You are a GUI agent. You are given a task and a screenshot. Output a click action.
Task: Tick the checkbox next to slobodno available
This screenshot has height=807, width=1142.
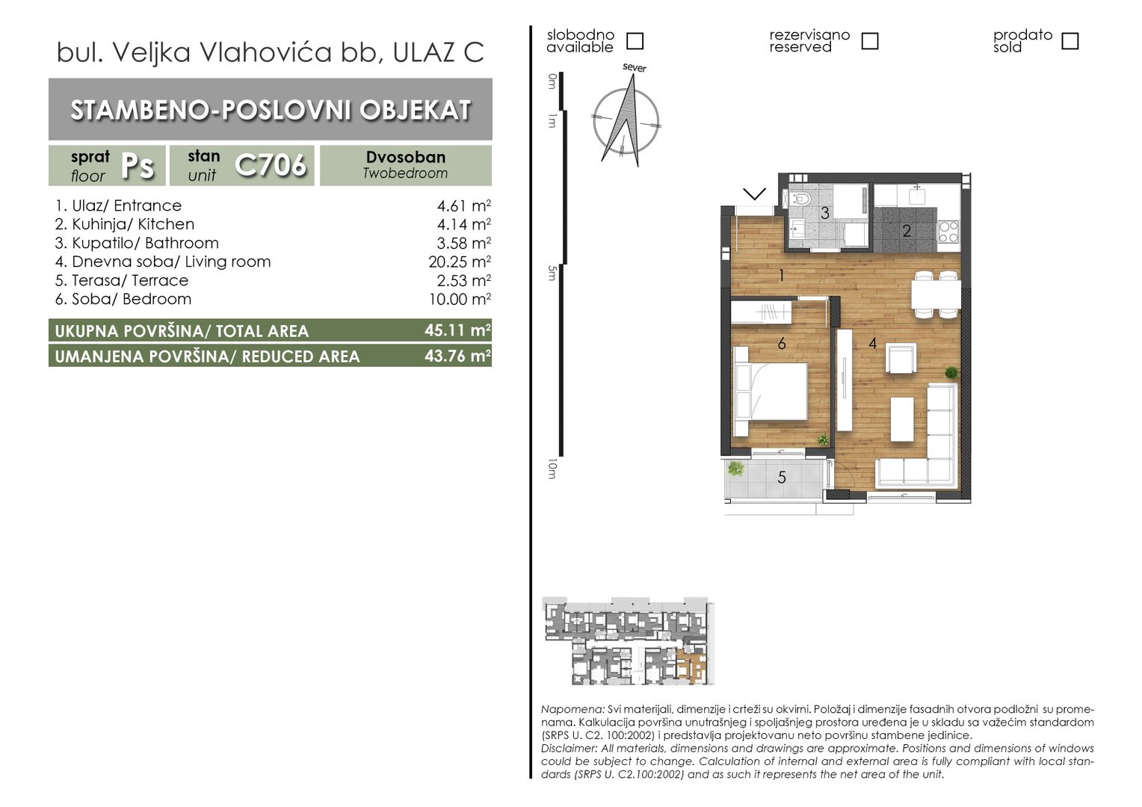tap(635, 41)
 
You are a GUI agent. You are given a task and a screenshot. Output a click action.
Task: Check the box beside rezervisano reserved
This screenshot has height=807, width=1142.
tap(870, 41)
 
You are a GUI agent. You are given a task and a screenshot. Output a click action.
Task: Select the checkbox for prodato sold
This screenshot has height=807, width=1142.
tap(1070, 41)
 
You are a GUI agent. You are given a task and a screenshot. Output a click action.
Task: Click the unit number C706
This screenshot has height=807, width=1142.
tap(271, 164)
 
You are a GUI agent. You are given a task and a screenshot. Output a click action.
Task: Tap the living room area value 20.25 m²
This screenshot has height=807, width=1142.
tap(460, 262)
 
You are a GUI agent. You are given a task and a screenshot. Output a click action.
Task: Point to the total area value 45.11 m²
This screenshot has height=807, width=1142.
tap(457, 330)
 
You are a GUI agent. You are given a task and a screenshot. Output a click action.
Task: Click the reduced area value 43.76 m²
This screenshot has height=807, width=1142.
tap(457, 356)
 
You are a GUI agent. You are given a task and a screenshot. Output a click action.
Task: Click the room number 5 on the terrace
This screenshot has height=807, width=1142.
tap(782, 477)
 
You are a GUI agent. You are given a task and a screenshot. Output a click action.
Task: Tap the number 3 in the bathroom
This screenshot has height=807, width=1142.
tap(825, 212)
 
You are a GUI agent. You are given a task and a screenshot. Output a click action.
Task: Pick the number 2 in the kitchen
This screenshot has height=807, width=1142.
tap(907, 231)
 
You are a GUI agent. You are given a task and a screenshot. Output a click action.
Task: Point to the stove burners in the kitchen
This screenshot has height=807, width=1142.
tap(948, 232)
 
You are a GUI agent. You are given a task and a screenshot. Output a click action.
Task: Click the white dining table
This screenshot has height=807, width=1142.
tap(936, 295)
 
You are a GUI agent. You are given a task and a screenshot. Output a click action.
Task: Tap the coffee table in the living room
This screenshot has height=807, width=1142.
tap(902, 419)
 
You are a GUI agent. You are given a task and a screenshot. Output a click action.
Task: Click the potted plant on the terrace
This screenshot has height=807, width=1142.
tap(735, 468)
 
